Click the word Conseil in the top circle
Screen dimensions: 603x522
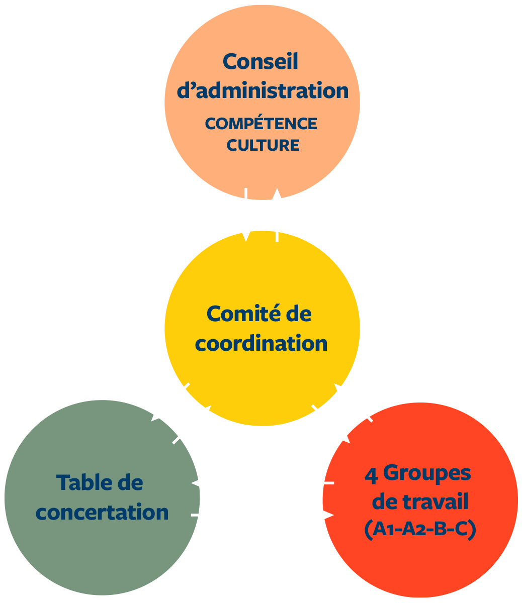pos(260,62)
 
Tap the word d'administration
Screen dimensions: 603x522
pos(263,91)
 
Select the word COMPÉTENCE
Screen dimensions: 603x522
pos(261,124)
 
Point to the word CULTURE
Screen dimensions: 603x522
pos(263,145)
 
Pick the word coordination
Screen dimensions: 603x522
pos(261,344)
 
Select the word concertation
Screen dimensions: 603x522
pos(103,513)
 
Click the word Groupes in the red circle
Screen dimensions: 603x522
pos(427,473)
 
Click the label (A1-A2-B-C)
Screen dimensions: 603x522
pos(420,530)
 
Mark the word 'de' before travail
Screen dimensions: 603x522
pos(386,502)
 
